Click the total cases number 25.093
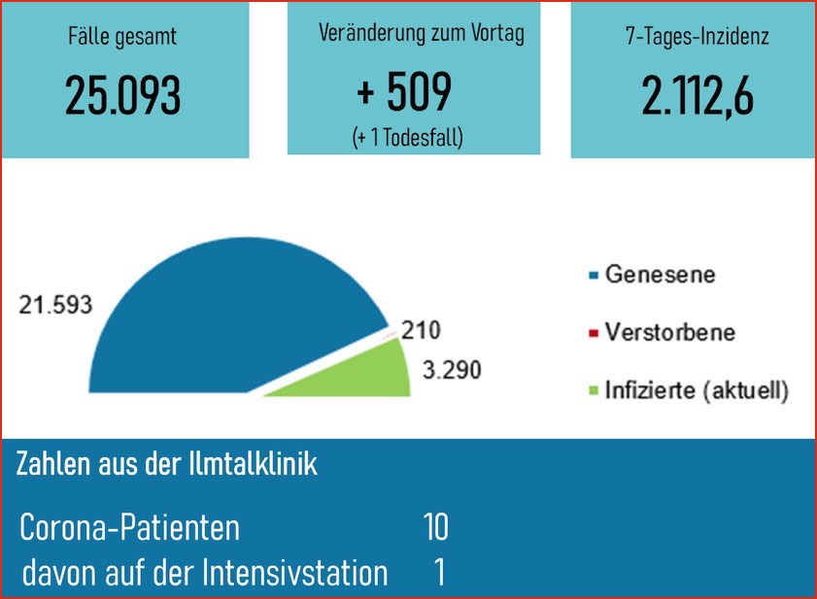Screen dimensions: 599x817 pyautogui.click(x=123, y=95)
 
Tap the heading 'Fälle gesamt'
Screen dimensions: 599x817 pyautogui.click(x=122, y=39)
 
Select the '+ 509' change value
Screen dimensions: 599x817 pyautogui.click(x=404, y=93)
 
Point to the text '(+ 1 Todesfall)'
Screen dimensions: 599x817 pyautogui.click(x=407, y=138)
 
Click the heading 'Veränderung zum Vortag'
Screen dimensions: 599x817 pyautogui.click(x=422, y=34)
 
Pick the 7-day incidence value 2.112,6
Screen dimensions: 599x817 pyautogui.click(x=697, y=95)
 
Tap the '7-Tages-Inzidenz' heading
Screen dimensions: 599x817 pyautogui.click(x=697, y=39)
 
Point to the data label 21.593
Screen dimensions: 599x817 pyautogui.click(x=56, y=305)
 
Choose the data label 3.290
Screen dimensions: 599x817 pyautogui.click(x=451, y=370)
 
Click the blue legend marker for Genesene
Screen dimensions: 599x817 pyautogui.click(x=593, y=276)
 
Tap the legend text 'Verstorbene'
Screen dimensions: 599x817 pyautogui.click(x=669, y=333)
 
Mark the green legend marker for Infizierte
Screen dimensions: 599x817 pyautogui.click(x=593, y=392)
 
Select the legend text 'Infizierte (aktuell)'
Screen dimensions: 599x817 pyautogui.click(x=696, y=391)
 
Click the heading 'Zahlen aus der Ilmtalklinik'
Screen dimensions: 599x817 pyautogui.click(x=167, y=465)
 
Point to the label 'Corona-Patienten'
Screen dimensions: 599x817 pyautogui.click(x=130, y=529)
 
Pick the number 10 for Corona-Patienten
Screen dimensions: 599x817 pyautogui.click(x=435, y=528)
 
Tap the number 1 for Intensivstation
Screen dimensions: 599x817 pyautogui.click(x=439, y=573)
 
